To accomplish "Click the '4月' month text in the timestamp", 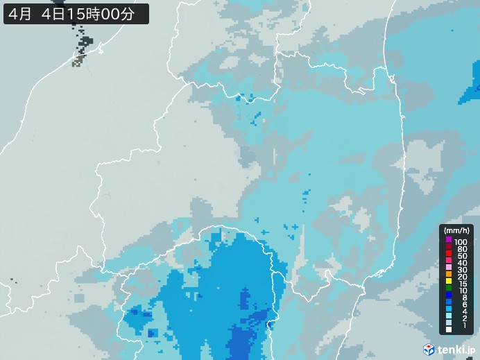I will [19, 13].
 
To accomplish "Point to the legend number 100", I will [461, 241].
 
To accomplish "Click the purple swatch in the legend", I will [449, 241].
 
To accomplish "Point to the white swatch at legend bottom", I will [449, 329].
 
